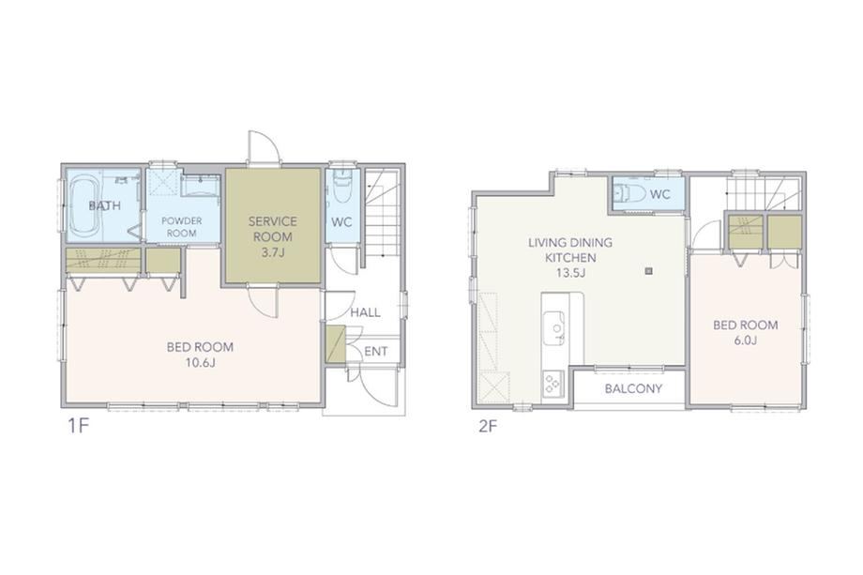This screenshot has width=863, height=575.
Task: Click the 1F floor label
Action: [x=78, y=426]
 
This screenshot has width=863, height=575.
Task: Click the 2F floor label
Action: [x=488, y=426]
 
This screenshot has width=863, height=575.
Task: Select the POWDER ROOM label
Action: [x=182, y=227]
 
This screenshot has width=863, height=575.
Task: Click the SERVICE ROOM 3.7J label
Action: [x=272, y=236]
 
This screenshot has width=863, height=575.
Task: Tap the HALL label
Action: [x=366, y=312]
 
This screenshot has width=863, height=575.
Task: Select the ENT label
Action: [x=376, y=351]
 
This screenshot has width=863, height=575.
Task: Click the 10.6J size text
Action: [x=200, y=363]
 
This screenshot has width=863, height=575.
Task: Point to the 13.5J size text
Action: [x=570, y=272]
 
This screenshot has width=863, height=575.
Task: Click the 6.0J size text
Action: [x=745, y=340]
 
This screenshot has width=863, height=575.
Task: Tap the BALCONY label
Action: [x=633, y=388]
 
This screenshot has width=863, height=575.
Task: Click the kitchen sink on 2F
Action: [x=554, y=328]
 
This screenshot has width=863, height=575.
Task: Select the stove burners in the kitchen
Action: [x=553, y=383]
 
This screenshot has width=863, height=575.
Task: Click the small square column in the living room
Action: [x=649, y=270]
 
